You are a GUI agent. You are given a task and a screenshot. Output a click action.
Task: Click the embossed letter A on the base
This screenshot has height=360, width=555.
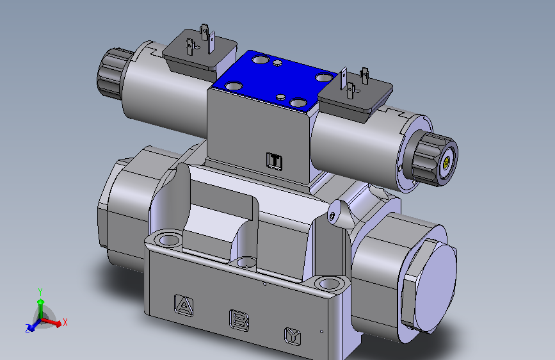coord(184,306)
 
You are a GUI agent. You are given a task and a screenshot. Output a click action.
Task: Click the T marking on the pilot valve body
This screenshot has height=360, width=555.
coord(275,161)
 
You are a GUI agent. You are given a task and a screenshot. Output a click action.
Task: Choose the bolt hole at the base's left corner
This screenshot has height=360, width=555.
coord(169,241)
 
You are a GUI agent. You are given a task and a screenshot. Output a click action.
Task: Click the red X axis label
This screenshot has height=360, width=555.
coord(65,322)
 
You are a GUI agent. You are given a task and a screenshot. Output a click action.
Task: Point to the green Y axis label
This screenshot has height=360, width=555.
coord(40,291)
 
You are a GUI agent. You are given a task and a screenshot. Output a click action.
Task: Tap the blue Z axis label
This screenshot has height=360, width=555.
coord(29,328)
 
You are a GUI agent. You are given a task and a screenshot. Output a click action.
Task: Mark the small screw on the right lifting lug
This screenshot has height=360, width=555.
coord(332,215)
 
